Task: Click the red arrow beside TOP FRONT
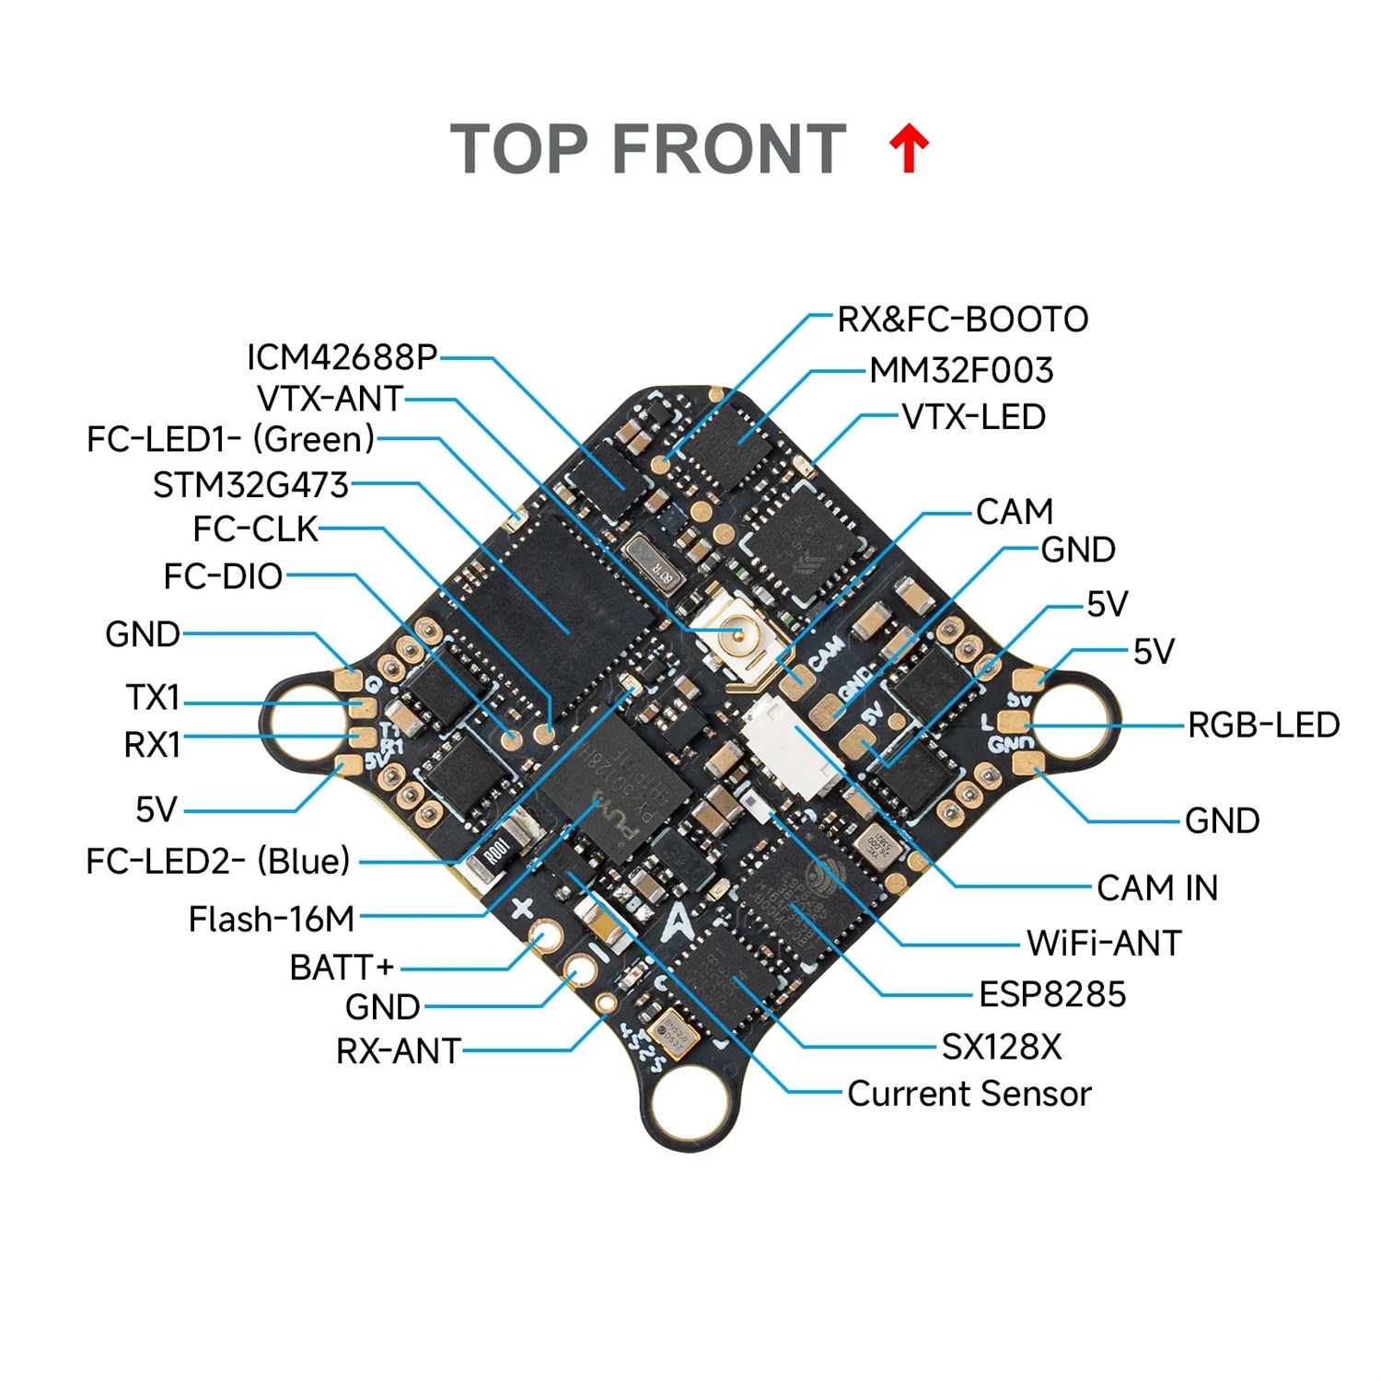[909, 149]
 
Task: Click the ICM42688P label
[342, 357]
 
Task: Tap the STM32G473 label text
[250, 485]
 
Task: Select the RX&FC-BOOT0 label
[962, 319]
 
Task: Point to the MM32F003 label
[961, 370]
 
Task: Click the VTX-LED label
[973, 417]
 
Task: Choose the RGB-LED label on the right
[1263, 725]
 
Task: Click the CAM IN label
[1157, 888]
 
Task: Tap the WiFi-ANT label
[1104, 944]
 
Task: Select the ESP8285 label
[1052, 995]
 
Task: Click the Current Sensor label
[969, 1094]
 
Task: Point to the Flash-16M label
[272, 919]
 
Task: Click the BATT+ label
[342, 968]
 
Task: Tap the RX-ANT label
[398, 1051]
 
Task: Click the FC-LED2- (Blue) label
[218, 862]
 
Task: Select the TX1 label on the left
[153, 698]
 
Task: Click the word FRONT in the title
[728, 149]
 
